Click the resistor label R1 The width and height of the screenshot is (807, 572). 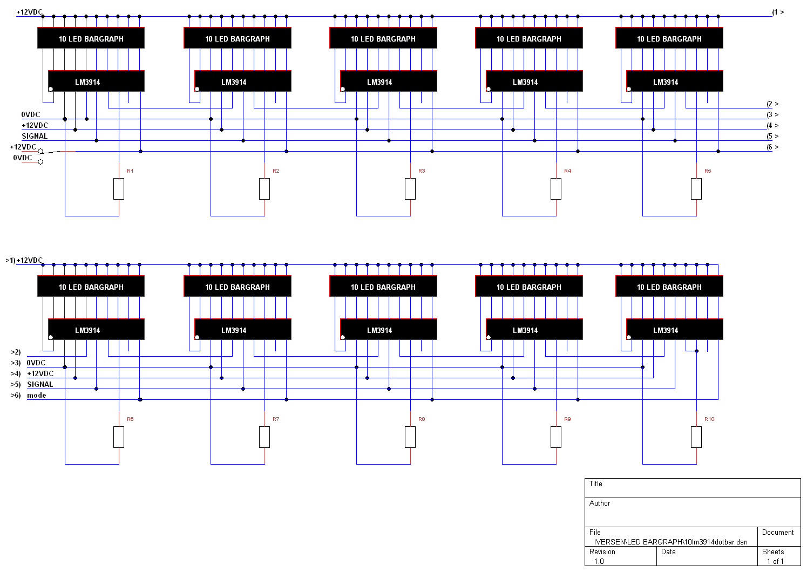coord(130,171)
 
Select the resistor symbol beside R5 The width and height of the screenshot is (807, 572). coord(696,189)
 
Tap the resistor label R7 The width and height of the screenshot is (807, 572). coord(276,419)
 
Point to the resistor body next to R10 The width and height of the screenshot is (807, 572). coord(696,437)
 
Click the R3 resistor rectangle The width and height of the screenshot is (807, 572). coord(410,189)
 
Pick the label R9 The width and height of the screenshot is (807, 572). coord(567,419)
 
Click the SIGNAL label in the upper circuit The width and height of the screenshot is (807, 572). coord(35,136)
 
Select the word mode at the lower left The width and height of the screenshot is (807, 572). coord(37,395)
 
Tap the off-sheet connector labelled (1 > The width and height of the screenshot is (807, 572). coord(778,12)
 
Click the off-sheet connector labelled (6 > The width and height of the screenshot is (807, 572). coord(772,147)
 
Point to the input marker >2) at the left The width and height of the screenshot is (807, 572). coord(16,352)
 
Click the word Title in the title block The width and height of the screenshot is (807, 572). coord(595,484)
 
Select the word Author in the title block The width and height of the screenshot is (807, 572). coord(600,503)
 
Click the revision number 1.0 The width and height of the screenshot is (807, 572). coord(599,561)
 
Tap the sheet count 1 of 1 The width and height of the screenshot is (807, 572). coord(775,561)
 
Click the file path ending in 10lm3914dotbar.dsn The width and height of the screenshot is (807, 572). coord(670,542)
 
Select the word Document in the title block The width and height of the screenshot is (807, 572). coord(778,533)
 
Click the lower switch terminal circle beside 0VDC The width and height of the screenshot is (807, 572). coord(40,162)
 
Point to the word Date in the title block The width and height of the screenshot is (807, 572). coord(668,552)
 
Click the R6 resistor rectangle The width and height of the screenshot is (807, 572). coord(119,437)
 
